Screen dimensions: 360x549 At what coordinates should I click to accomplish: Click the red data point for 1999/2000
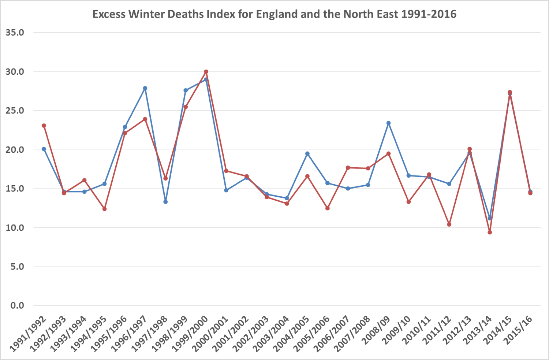click(x=206, y=72)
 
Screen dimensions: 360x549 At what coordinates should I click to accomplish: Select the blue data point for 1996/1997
click(x=145, y=88)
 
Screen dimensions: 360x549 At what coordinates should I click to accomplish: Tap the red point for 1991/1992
click(x=44, y=126)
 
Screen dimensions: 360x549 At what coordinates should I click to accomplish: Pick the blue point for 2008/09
click(x=388, y=123)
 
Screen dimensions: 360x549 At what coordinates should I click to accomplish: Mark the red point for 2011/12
click(x=449, y=224)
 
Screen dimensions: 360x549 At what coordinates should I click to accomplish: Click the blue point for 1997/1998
click(x=165, y=202)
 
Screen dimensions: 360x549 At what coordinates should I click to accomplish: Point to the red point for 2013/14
click(x=490, y=232)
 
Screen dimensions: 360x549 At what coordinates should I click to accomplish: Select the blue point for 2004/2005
click(x=307, y=154)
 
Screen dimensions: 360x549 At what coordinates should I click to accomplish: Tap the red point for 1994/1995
click(x=104, y=209)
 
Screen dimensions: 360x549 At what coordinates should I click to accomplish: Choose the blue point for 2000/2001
click(x=226, y=190)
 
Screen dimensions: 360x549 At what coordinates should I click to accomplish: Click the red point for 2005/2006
click(x=328, y=208)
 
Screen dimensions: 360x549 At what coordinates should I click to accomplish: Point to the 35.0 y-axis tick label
click(x=15, y=33)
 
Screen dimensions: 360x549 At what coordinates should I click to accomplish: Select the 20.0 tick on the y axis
click(x=15, y=150)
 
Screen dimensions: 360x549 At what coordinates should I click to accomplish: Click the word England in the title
click(x=277, y=14)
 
